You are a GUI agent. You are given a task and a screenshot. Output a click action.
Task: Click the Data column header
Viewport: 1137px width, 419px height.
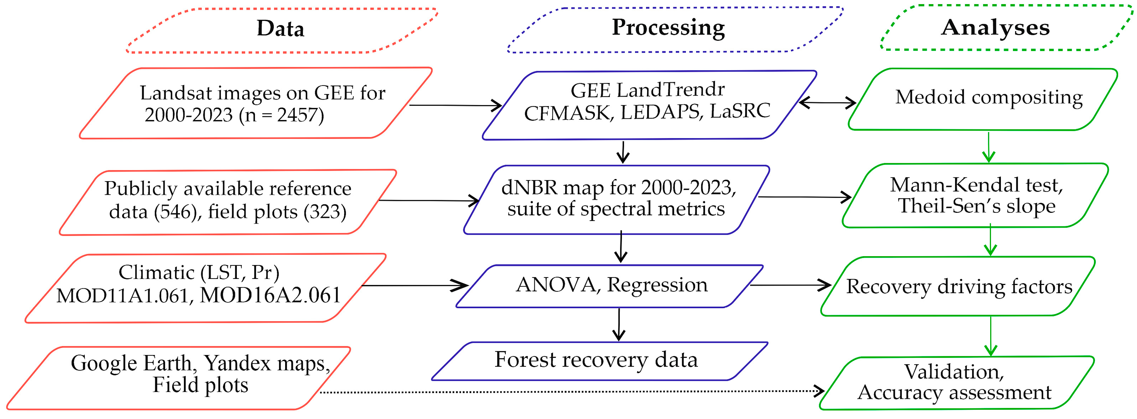[281, 29]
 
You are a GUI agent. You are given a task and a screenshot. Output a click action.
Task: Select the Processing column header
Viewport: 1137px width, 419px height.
[668, 27]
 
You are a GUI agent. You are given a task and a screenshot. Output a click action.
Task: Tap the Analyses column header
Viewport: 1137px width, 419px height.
[995, 27]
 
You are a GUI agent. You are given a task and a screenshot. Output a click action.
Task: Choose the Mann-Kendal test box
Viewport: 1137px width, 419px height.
[975, 195]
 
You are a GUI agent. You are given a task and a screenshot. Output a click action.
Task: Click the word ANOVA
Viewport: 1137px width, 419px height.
[556, 285]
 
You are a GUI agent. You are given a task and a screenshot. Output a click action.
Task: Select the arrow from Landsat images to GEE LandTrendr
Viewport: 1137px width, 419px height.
[456, 105]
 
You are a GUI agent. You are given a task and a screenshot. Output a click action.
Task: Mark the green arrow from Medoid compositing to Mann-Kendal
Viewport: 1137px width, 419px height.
[989, 147]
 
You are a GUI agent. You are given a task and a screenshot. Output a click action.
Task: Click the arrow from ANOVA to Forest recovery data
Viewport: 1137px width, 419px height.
[619, 325]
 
